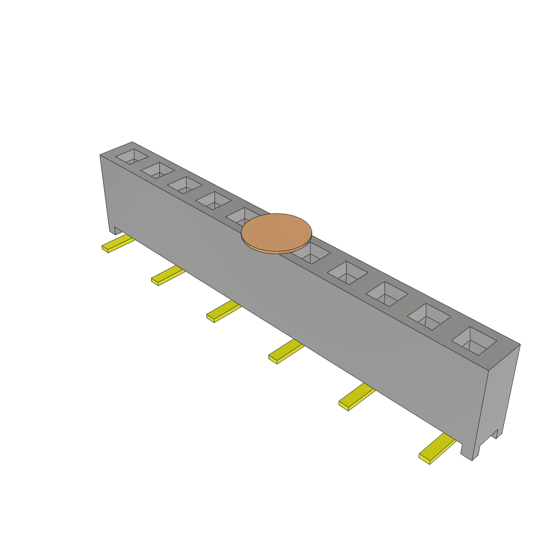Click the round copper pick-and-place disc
[276, 232]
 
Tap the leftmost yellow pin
[118, 244]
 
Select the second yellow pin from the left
[167, 276]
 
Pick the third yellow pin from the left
[223, 312]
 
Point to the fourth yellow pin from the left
[286, 352]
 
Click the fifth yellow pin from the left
[356, 397]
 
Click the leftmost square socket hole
[132, 157]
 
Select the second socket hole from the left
[157, 170]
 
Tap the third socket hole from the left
[184, 185]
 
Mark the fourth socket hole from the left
[213, 200]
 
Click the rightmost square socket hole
[474, 341]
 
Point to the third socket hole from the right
[387, 293]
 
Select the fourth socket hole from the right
[347, 272]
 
